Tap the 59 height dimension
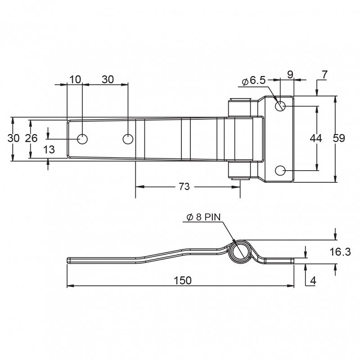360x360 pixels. (x=339, y=139)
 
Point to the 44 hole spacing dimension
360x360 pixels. (x=316, y=139)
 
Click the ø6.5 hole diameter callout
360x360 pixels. (x=255, y=81)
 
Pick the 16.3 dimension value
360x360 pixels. (x=340, y=252)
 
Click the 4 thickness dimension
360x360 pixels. (x=313, y=280)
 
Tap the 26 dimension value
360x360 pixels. (x=31, y=139)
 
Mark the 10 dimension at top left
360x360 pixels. (x=75, y=80)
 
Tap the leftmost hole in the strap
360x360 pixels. (x=82, y=139)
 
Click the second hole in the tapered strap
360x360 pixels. (x=127, y=139)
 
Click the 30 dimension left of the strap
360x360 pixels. (x=13, y=139)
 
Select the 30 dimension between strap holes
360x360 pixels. (x=108, y=80)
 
